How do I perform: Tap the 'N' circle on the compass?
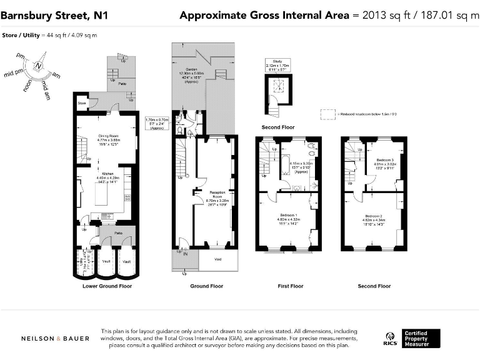(39, 65)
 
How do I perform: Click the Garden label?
(197, 69)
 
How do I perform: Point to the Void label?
(217, 259)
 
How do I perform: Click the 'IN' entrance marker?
(185, 254)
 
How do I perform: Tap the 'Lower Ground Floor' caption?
(107, 286)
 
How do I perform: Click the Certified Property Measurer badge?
(421, 338)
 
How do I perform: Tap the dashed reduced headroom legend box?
(328, 114)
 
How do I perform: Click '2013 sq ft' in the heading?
(383, 15)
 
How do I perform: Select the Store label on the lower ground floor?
(81, 102)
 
